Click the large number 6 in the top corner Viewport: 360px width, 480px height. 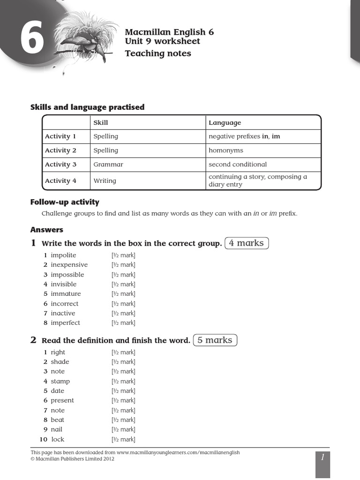click(32, 40)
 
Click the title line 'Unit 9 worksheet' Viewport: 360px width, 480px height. click(162, 41)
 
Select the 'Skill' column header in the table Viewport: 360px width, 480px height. click(101, 123)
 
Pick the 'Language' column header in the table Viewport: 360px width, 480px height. click(225, 123)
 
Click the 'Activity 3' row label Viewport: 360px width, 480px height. click(60, 165)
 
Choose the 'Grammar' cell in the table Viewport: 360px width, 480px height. click(108, 165)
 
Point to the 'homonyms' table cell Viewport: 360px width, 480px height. click(226, 150)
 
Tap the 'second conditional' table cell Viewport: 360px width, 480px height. click(238, 165)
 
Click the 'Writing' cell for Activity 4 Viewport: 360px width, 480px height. click(105, 181)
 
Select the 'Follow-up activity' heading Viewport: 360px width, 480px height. click(65, 202)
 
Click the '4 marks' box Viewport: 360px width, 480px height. click(247, 243)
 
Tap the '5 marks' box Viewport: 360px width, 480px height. click(215, 340)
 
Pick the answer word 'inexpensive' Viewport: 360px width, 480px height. click(69, 265)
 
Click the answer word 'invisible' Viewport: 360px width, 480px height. click(64, 284)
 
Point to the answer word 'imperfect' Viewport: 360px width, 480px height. click(66, 323)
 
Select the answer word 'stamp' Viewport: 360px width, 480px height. click(60, 382)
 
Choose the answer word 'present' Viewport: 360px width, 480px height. click(62, 401)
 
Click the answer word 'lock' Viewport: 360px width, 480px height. click(58, 440)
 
